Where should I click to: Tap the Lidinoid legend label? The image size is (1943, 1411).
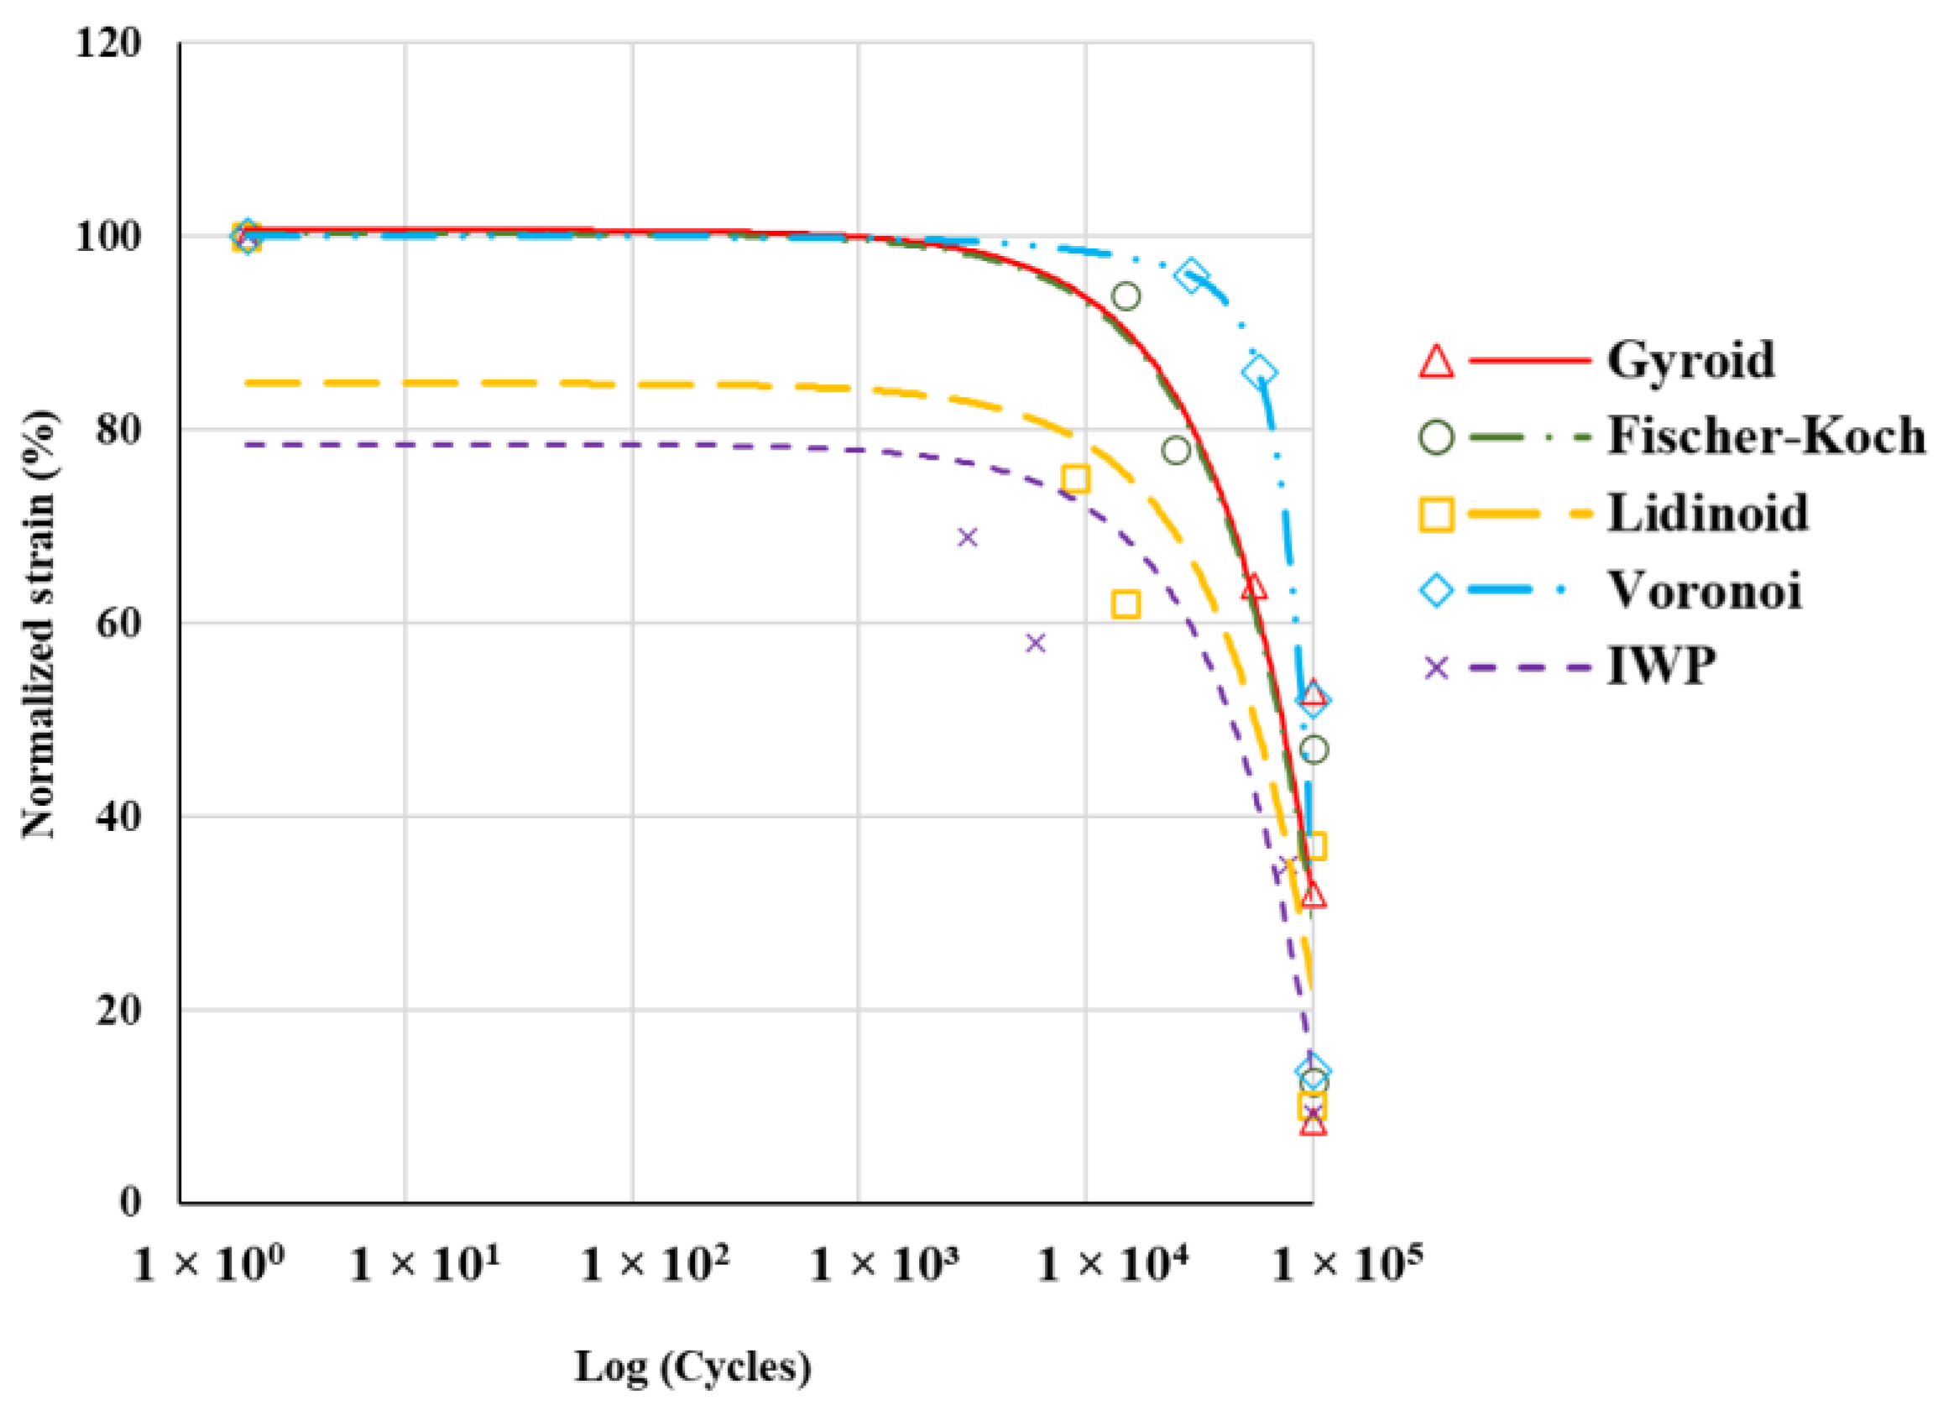click(1707, 513)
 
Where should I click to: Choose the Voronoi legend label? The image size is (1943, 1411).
click(1704, 590)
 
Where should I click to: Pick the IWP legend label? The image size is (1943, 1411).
click(1661, 666)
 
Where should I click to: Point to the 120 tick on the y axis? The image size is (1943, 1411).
click(108, 43)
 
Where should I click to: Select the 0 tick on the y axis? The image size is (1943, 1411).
click(129, 1203)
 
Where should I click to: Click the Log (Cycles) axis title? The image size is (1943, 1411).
click(692, 1367)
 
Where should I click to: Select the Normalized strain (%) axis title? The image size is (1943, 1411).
click(39, 624)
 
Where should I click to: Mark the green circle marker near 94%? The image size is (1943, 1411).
click(1126, 297)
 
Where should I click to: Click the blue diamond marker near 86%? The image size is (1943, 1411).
click(1259, 374)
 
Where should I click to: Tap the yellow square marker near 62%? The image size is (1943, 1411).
click(1125, 605)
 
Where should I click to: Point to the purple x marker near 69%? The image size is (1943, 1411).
click(967, 538)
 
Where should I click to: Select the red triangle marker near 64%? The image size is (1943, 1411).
click(1253, 588)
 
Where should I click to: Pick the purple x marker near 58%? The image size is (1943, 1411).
click(1036, 642)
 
